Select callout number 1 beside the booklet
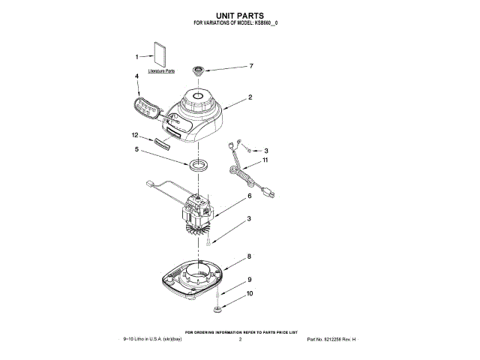point(137,56)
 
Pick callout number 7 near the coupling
point(251,66)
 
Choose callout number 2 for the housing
point(250,97)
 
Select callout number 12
point(135,135)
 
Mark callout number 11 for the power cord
point(265,160)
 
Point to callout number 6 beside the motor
point(250,196)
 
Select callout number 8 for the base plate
point(250,256)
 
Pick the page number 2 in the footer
point(239,340)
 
